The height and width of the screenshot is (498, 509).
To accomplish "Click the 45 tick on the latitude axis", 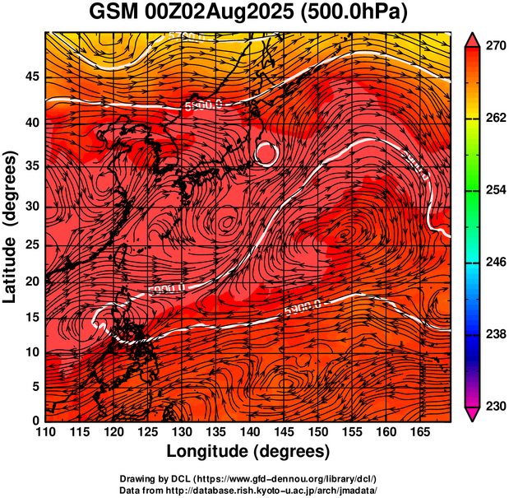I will click(x=30, y=77).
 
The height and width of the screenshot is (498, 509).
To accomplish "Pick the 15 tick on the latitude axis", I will click(x=30, y=317).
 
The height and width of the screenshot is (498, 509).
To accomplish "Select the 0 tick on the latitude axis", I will click(x=35, y=421).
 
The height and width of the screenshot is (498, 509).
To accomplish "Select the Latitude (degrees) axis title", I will click(x=12, y=227).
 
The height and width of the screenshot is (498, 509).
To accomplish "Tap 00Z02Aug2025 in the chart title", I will click(x=232, y=14).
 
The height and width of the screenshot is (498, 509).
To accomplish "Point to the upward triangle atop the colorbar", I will click(x=472, y=38).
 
